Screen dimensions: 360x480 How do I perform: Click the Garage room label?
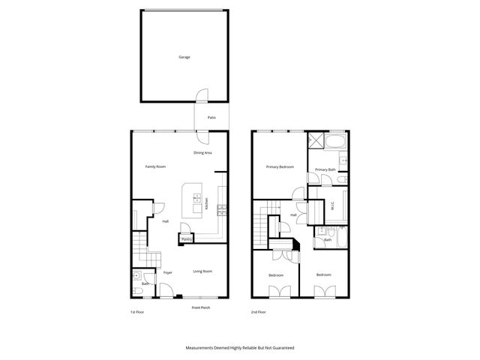(184, 57)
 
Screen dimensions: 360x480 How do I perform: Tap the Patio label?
(211, 117)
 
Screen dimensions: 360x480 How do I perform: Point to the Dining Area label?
(202, 153)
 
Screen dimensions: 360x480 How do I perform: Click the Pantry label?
(186, 239)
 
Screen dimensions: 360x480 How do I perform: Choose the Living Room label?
(202, 271)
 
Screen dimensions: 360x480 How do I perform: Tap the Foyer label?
(168, 271)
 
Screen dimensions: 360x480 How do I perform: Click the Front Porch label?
(201, 308)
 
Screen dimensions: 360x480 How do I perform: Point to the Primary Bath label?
(325, 170)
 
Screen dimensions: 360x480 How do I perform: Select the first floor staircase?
(139, 247)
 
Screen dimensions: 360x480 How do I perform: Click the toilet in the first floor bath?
(136, 276)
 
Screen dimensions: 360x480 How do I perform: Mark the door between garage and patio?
(201, 96)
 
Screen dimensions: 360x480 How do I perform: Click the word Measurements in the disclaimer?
(202, 348)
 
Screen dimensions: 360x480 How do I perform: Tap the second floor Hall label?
(293, 215)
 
